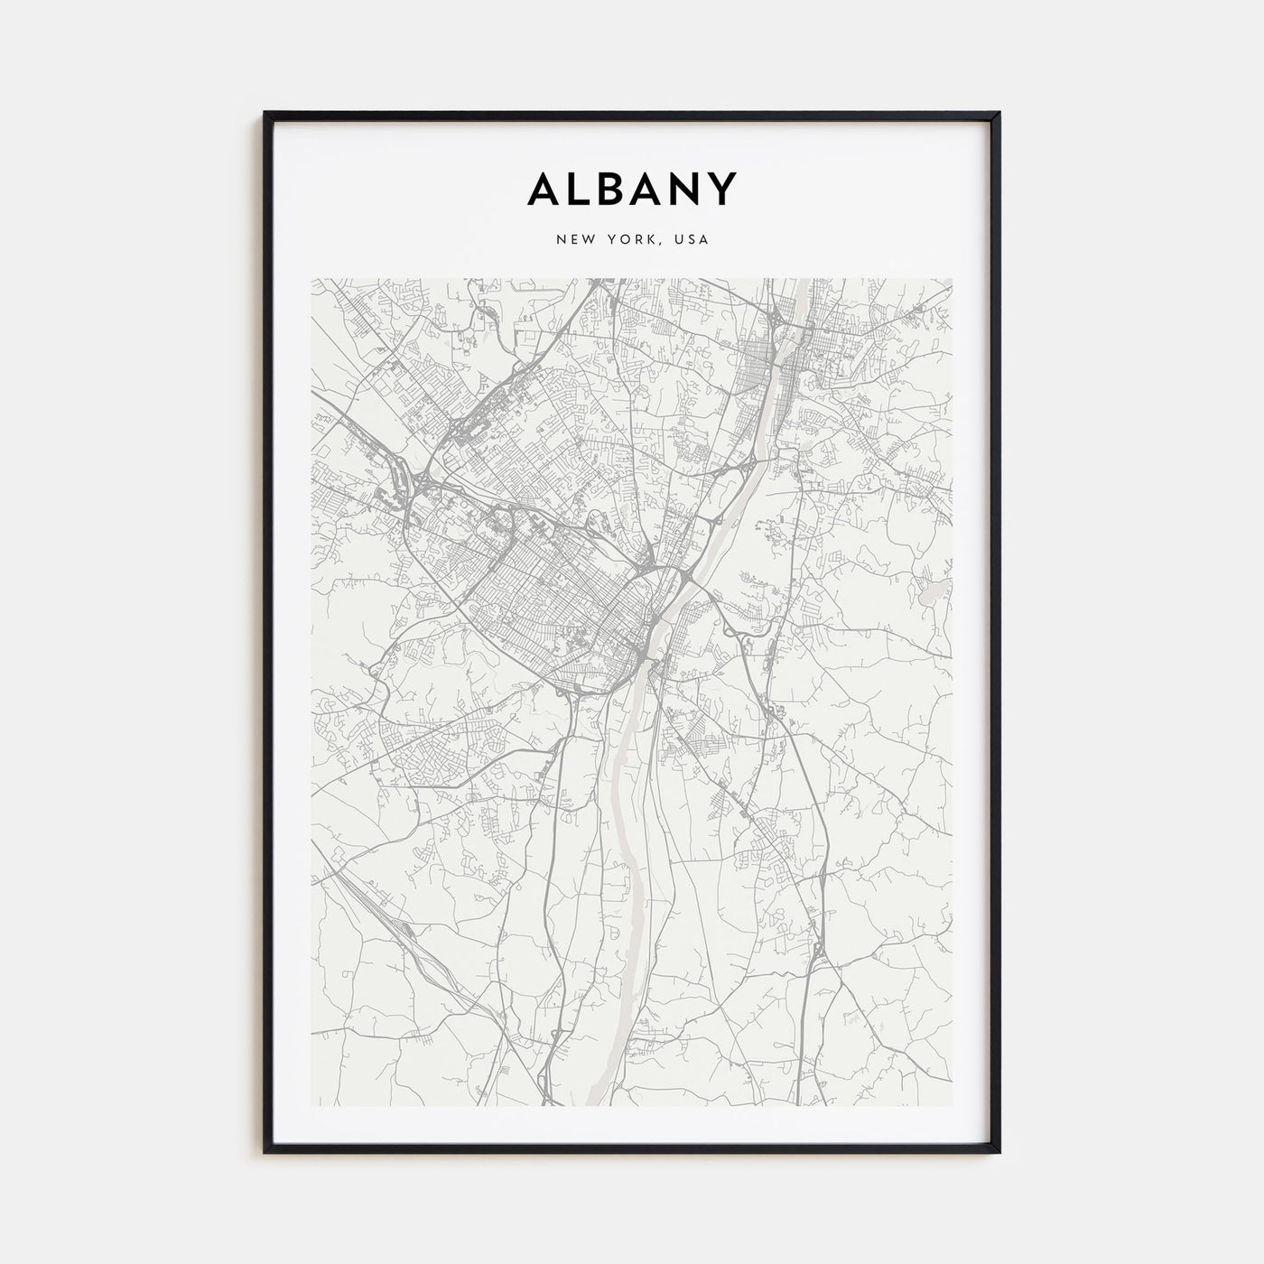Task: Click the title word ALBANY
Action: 632,189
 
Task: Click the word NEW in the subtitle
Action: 574,239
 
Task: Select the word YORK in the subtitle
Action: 629,239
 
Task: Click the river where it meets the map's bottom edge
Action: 594,1102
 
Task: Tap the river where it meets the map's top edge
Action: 802,282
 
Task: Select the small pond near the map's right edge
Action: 930,594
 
